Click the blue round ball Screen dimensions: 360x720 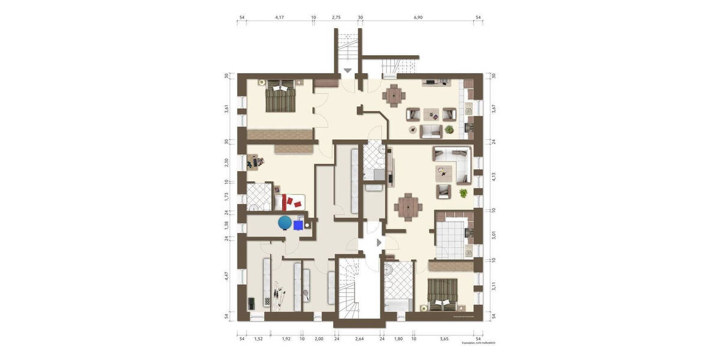[284, 224]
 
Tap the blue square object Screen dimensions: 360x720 [298, 225]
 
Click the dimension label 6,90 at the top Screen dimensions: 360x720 [418, 18]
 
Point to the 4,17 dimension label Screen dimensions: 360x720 [280, 18]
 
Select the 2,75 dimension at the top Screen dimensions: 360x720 [336, 18]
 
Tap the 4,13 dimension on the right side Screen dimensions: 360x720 [493, 176]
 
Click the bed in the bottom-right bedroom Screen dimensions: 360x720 [443, 294]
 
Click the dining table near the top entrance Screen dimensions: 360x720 [394, 94]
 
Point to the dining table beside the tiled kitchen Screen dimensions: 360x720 [409, 206]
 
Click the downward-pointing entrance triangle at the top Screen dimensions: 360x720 [347, 71]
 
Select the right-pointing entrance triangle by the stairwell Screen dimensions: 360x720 [379, 242]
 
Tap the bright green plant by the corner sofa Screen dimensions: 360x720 [463, 193]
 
